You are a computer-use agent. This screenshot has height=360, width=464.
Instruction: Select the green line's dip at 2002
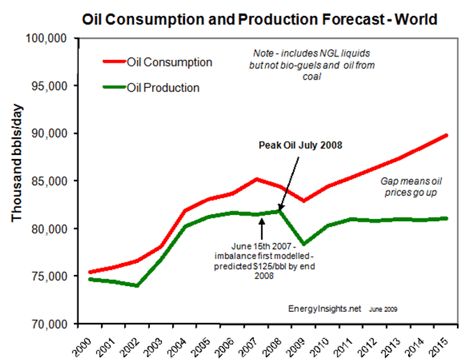click(137, 285)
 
